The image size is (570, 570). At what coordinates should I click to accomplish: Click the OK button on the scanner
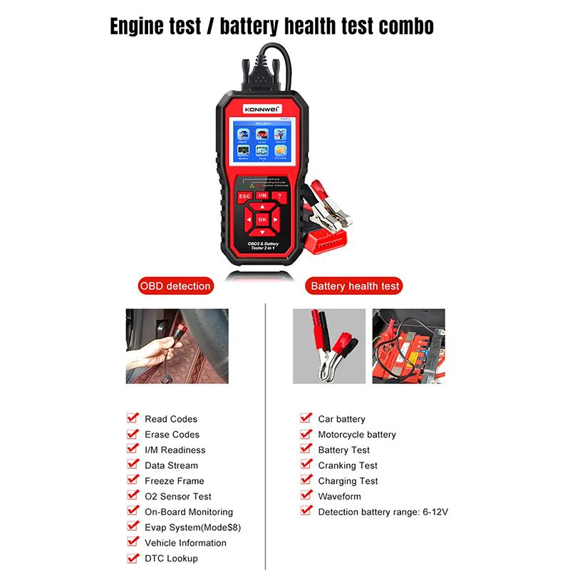pyautogui.click(x=261, y=219)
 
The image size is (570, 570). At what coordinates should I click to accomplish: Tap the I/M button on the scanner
pyautogui.click(x=261, y=195)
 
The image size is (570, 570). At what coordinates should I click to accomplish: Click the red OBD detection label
pyautogui.click(x=175, y=286)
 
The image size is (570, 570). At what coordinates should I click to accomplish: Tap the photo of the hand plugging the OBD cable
pyautogui.click(x=177, y=346)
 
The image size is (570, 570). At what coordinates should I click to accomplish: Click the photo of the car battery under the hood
pyautogui.click(x=408, y=346)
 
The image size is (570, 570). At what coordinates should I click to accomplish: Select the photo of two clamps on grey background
pyautogui.click(x=328, y=346)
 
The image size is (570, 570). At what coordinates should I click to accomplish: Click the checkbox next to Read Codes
pyautogui.click(x=132, y=418)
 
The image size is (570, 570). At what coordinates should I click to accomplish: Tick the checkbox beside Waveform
pyautogui.click(x=306, y=495)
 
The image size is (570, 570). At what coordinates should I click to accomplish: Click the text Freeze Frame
pyautogui.click(x=174, y=481)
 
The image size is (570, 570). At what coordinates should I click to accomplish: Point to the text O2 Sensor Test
pyautogui.click(x=177, y=497)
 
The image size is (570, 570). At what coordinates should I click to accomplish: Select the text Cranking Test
pyautogui.click(x=347, y=465)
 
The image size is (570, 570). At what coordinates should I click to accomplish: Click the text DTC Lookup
pyautogui.click(x=171, y=559)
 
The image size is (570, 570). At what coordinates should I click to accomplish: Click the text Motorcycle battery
pyautogui.click(x=356, y=435)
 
